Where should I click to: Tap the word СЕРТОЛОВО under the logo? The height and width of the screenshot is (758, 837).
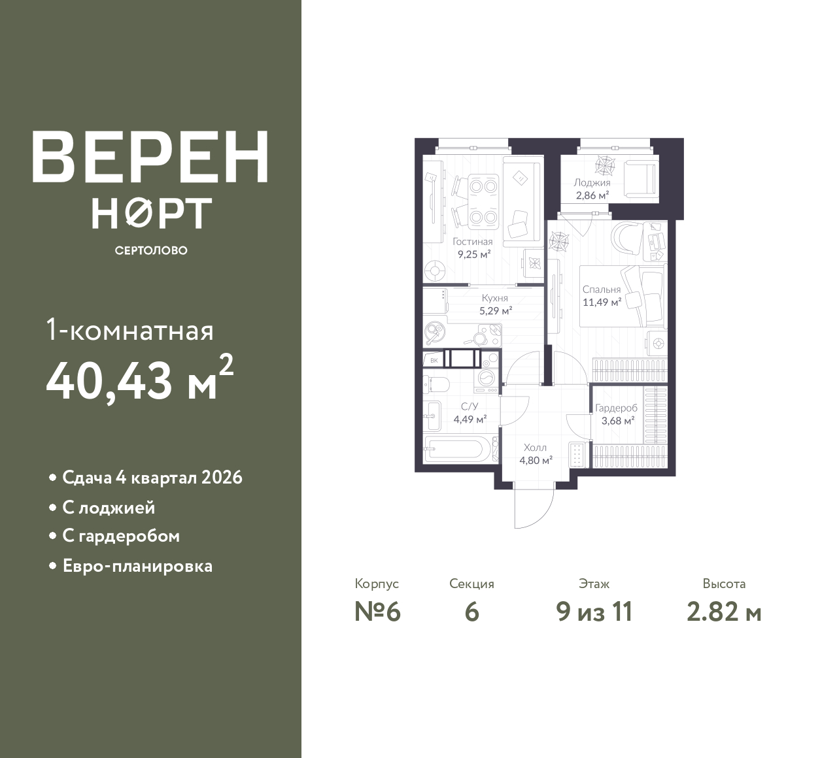151,250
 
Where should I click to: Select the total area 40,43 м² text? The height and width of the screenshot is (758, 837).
140,380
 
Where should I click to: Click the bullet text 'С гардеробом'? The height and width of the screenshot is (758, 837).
121,536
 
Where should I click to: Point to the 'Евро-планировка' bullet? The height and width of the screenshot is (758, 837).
138,566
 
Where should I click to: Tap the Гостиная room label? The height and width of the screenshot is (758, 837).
472,242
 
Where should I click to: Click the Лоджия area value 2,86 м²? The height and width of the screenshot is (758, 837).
592,195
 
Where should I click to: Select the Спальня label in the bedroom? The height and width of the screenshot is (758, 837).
601,289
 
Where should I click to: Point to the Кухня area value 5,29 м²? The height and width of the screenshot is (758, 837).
495,310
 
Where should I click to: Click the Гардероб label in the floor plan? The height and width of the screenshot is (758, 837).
616,408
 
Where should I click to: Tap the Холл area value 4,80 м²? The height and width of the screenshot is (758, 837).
536,460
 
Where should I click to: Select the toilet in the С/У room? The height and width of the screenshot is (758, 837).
436,383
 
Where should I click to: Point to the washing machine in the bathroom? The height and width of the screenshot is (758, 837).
486,378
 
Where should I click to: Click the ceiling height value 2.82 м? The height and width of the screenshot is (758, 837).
724,612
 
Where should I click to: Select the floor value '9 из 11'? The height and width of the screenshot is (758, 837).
594,612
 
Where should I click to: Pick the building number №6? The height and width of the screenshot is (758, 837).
377,612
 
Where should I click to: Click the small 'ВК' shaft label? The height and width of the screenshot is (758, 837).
434,361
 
